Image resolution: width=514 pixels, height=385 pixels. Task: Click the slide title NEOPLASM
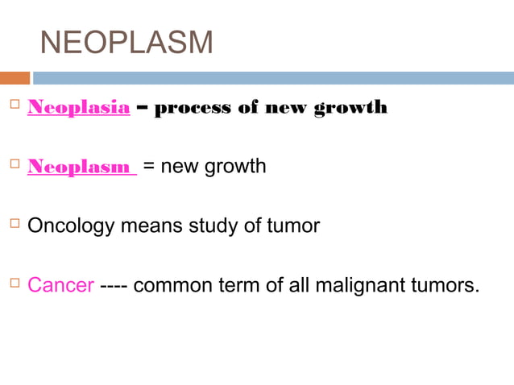coord(126,42)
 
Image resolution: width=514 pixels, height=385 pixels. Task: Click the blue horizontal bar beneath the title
coord(272,78)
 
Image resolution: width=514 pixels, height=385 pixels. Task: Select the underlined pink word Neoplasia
coord(78,108)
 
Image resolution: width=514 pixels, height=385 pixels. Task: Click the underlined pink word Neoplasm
coord(81,167)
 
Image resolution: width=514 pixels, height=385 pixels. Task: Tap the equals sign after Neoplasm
coord(149,167)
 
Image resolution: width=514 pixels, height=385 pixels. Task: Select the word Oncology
coord(71,226)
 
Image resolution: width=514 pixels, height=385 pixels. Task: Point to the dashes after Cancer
coord(114,285)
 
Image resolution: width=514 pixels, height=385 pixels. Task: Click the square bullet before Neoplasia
coord(11,107)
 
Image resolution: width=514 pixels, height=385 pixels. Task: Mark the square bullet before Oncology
coord(11,225)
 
